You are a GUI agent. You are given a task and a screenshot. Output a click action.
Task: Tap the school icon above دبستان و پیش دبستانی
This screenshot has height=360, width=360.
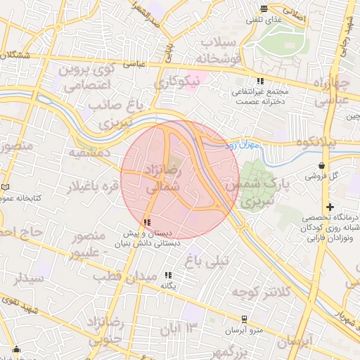(x=147, y=222)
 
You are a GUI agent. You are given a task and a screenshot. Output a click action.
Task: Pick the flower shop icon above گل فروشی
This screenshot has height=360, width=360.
(x=322, y=165)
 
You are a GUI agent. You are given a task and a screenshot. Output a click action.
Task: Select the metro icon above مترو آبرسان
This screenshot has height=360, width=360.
(x=244, y=319)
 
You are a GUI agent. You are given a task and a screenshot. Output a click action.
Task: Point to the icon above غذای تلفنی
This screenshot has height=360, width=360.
(x=264, y=9)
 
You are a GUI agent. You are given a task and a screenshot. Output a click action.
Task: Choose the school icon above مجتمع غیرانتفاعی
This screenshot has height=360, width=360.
(x=260, y=81)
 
